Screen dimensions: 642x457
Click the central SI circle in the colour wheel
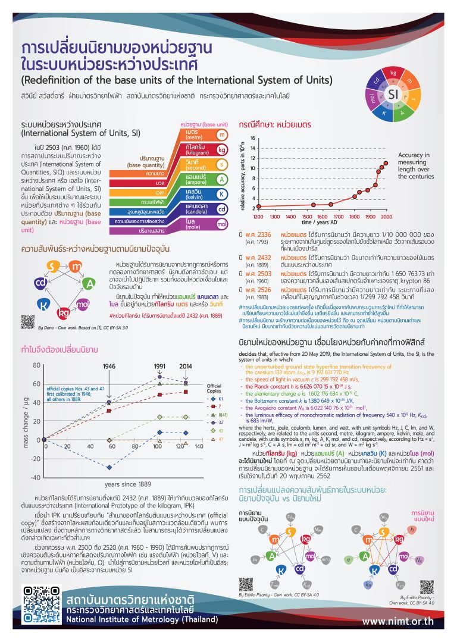[393, 94]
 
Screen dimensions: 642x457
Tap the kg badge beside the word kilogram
[221, 149]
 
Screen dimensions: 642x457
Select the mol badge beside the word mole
[221, 224]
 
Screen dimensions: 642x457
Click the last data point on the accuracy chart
[386, 162]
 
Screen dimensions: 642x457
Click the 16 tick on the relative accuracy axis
[252, 139]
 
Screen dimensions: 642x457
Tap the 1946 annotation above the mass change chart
[109, 367]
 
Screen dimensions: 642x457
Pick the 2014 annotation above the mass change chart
[185, 367]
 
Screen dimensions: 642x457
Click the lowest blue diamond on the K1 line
[109, 467]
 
